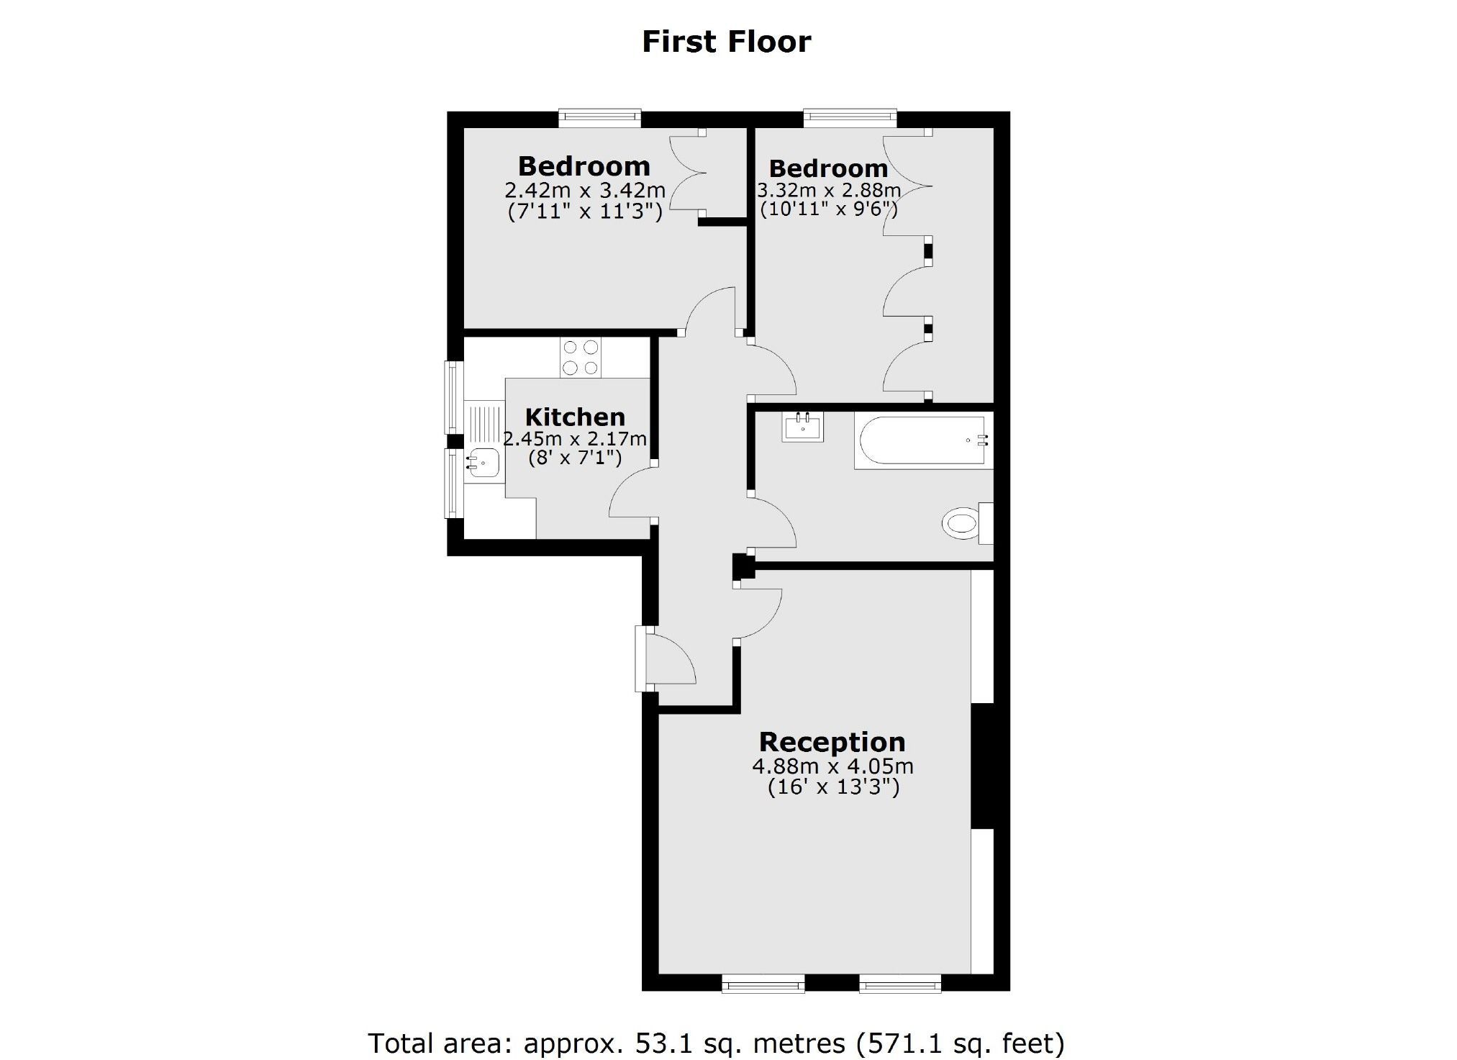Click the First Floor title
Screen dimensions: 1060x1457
click(x=726, y=42)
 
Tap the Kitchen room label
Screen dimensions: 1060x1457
click(x=575, y=417)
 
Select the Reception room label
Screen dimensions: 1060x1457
click(x=832, y=742)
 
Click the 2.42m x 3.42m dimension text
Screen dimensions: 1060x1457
click(x=585, y=191)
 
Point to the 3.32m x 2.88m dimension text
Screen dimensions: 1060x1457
click(x=829, y=191)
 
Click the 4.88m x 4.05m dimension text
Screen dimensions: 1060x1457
click(x=832, y=766)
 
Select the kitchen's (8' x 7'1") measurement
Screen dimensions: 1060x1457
click(x=575, y=458)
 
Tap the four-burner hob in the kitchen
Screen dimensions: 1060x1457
click(x=581, y=358)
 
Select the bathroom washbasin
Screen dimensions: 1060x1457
click(x=802, y=427)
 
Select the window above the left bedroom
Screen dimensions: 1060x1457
click(x=599, y=118)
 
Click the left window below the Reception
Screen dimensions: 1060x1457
click(x=763, y=983)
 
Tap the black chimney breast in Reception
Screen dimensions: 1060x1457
click(x=982, y=766)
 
